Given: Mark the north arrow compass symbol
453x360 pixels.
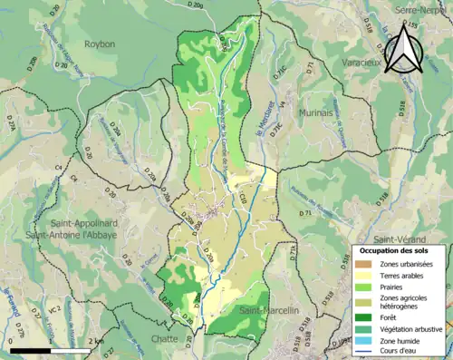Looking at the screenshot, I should pyautogui.click(x=403, y=47).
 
